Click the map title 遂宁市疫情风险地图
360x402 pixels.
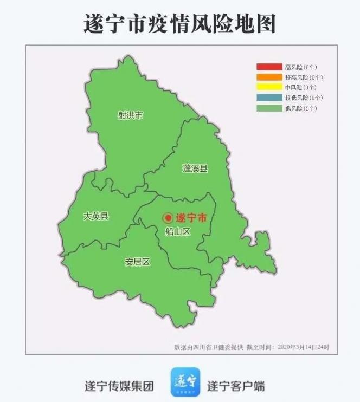point(180,24)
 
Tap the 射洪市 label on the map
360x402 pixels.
point(131,115)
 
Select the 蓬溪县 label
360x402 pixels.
point(195,168)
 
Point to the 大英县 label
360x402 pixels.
point(96,216)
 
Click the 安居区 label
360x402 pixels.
point(137,262)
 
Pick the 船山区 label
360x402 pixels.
point(178,232)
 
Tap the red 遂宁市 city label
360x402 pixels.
point(191,218)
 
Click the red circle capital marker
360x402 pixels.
point(168,218)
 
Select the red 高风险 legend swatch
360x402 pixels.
point(269,67)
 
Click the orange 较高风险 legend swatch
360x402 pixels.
point(269,77)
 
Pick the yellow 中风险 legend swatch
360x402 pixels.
point(269,87)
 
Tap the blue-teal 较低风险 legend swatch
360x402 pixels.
point(269,98)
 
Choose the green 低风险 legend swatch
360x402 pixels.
point(269,108)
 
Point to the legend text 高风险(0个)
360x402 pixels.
point(301,67)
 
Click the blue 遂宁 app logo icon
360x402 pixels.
point(185,382)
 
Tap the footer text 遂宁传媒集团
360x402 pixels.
point(119,386)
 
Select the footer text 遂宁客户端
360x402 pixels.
point(236,386)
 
